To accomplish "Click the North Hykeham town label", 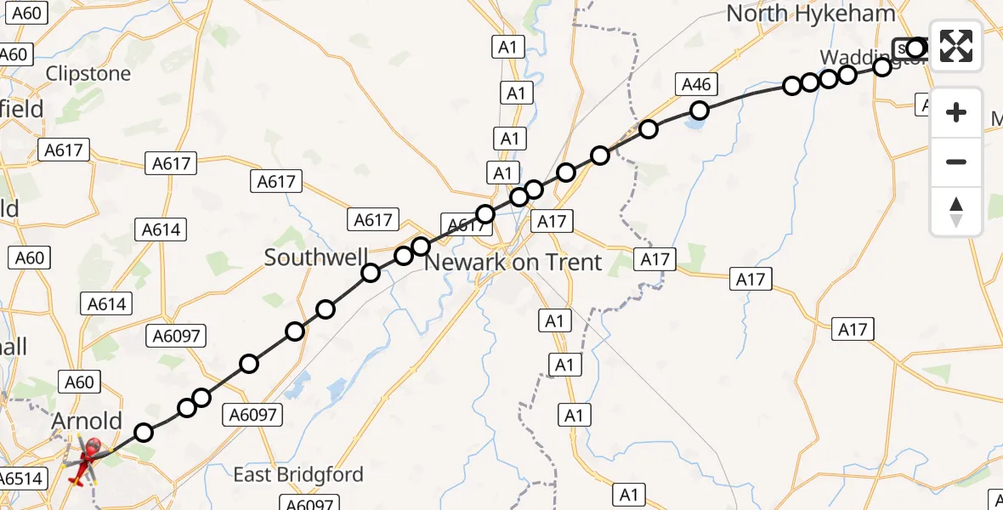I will click(x=810, y=14).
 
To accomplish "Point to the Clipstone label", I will click(x=88, y=74).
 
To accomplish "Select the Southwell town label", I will click(x=316, y=258).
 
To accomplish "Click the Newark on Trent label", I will click(x=513, y=263).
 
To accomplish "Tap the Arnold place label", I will click(x=87, y=421).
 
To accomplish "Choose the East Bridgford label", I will click(x=298, y=474).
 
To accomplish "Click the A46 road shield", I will click(x=696, y=83).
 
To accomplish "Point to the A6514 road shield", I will click(x=21, y=479).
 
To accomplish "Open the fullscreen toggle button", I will click(x=956, y=46).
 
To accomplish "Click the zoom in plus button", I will click(x=956, y=112).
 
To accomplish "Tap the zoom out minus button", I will click(x=956, y=161).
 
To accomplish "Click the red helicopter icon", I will click(x=86, y=460).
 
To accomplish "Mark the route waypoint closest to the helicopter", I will click(x=144, y=433).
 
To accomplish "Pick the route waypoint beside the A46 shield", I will click(x=699, y=110).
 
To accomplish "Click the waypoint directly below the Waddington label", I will click(x=882, y=67).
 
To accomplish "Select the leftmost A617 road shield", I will click(x=63, y=150).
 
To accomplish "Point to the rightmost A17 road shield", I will click(x=852, y=330).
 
